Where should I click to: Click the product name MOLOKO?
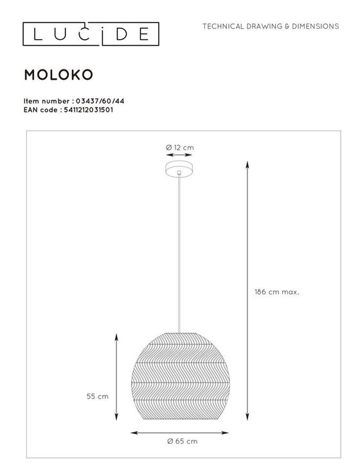point(59,74)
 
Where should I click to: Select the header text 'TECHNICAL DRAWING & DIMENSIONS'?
point(271,26)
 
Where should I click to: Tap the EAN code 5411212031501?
point(89,109)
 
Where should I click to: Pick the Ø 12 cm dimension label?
point(179,147)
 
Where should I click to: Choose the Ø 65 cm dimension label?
point(182,440)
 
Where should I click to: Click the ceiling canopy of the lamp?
point(179,170)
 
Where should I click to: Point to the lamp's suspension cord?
point(179,257)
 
